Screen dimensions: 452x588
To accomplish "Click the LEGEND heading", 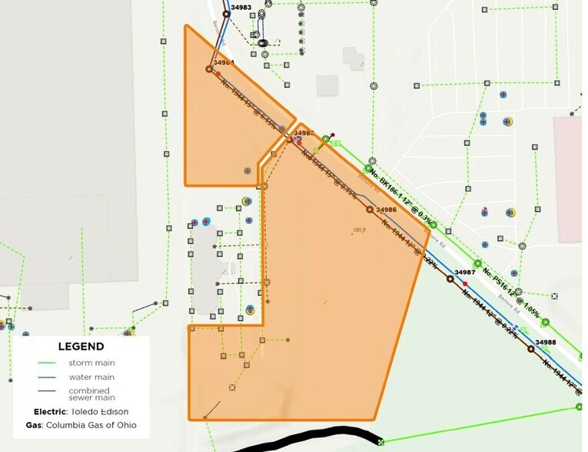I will [x=81, y=347].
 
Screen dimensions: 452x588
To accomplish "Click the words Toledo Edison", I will [x=95, y=411].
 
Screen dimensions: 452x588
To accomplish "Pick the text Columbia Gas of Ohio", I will [x=95, y=425].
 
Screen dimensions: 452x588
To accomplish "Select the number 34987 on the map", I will [x=465, y=273].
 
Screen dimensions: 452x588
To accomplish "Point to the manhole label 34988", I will [x=545, y=342].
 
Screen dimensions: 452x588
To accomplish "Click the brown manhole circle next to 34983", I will [x=227, y=14].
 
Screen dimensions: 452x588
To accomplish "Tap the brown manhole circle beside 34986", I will [x=370, y=209].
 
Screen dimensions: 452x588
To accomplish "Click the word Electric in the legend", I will [x=49, y=411].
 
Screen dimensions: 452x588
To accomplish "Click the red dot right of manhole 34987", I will [x=465, y=284].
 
